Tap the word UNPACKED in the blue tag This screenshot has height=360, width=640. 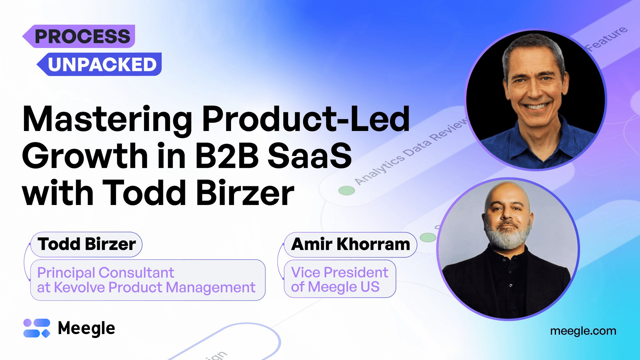coord(102,64)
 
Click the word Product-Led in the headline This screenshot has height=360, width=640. coord(305,119)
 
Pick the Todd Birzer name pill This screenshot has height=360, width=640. coord(86,244)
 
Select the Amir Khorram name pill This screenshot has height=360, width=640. coord(350,244)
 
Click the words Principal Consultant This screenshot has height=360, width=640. coord(105,273)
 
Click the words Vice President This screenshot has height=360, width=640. coord(339,272)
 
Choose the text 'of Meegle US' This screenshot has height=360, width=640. coord(335,287)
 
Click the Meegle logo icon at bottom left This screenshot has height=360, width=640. coord(37,328)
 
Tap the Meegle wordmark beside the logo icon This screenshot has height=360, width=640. coord(86,328)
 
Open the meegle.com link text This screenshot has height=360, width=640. coord(583,331)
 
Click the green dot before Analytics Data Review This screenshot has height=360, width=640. coord(347,190)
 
